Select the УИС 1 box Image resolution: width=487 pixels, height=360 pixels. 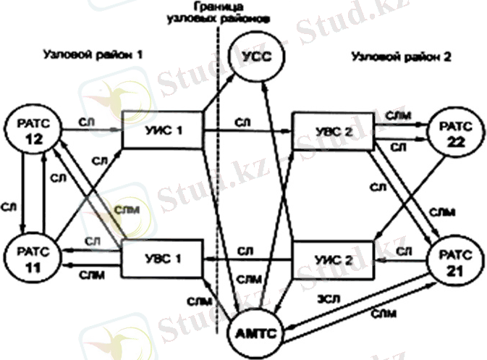162,130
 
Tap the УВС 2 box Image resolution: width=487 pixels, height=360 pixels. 331,130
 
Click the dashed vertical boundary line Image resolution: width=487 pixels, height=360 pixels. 216,181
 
